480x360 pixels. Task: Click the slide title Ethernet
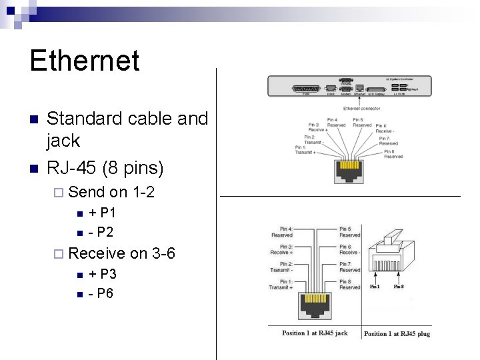[x=85, y=61]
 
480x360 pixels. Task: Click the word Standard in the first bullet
[x=78, y=119]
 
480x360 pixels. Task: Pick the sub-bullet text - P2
[x=101, y=232]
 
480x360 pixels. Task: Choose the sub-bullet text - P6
[x=101, y=293]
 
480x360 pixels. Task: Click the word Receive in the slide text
[x=97, y=253]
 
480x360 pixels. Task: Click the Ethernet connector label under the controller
[x=361, y=108]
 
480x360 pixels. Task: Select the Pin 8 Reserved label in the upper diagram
[x=393, y=154]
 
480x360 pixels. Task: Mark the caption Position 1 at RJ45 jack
[x=315, y=333]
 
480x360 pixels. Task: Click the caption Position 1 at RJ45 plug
[x=397, y=333]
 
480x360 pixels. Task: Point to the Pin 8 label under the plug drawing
[x=399, y=287]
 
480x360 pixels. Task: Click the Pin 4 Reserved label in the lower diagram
[x=282, y=232]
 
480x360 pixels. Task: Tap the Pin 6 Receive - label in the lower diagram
[x=350, y=250]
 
